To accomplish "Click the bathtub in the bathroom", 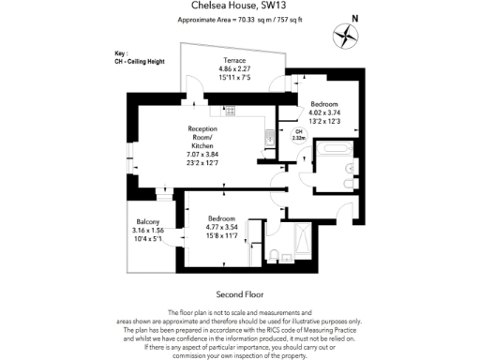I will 333,148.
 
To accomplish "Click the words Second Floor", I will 239,293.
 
